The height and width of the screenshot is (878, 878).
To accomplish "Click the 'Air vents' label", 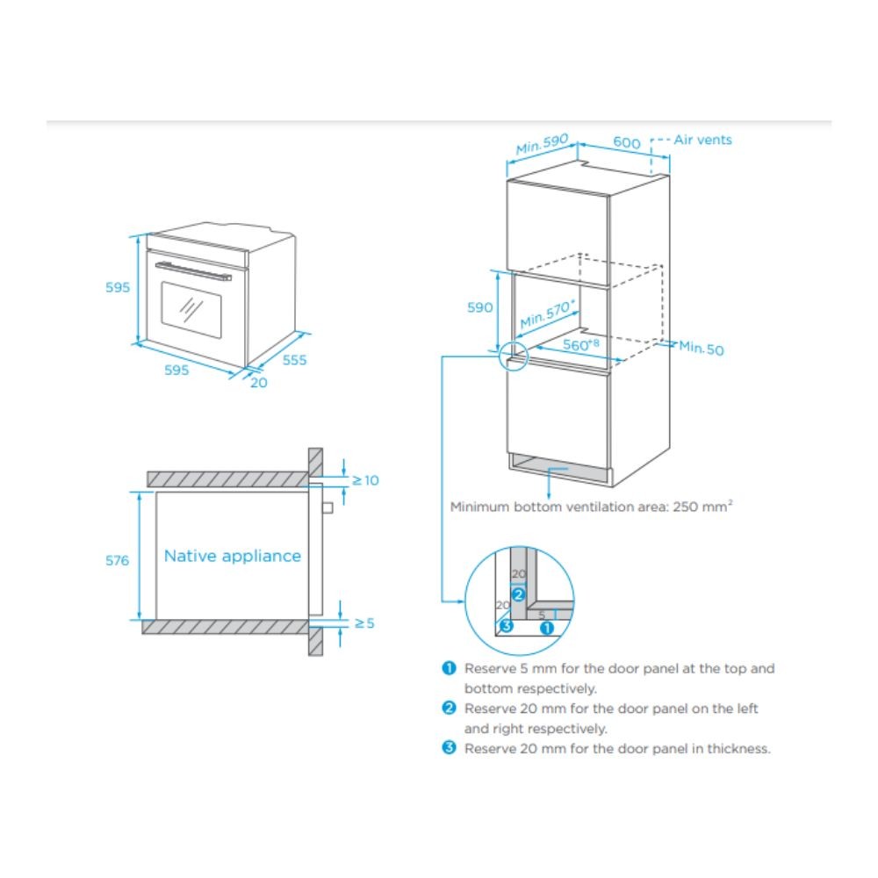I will pos(702,140).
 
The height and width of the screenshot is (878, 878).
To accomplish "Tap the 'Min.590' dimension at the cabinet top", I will pos(543,145).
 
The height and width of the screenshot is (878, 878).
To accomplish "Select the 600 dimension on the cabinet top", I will pos(626,142).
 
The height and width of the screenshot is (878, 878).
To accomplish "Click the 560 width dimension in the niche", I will pos(580,345).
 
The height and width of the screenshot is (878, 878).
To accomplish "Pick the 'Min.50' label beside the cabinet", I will pos(702,349).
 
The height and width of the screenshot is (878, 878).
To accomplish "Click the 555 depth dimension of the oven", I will pos(294,359).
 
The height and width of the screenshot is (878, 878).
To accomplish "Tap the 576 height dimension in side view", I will pos(117,560).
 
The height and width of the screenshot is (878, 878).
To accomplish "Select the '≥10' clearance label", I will pos(365,480).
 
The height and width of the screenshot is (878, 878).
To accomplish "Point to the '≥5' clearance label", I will pos(364,623).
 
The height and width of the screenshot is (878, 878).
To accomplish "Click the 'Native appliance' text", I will pos(232,556).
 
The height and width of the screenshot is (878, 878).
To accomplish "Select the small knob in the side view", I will pos(327,507).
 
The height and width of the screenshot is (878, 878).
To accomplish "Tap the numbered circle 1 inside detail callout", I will pos(546,627).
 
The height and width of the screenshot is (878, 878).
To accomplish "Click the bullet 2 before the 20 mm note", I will pos(450,708).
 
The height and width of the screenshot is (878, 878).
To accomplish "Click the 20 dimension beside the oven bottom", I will pos(258,382).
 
